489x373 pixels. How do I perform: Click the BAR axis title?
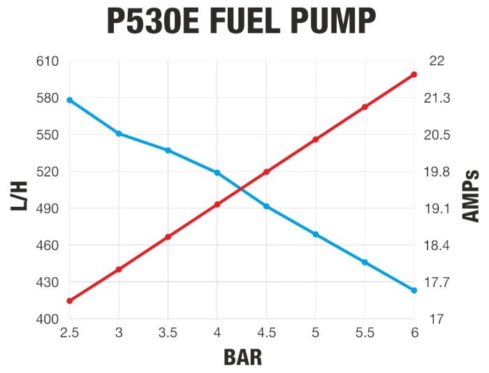242,357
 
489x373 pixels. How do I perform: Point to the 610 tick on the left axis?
48,61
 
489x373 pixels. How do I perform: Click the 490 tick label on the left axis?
48,209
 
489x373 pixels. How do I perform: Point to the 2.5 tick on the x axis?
69,332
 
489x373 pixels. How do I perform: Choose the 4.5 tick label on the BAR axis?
266,332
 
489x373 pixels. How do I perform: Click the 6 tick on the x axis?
414,332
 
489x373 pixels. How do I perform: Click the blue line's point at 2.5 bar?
69,100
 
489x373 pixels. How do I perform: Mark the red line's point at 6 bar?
414,74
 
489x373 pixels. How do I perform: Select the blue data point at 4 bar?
217,173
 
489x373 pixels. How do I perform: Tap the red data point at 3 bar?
119,269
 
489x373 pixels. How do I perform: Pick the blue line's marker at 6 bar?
414,290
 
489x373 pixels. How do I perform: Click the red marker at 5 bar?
316,140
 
